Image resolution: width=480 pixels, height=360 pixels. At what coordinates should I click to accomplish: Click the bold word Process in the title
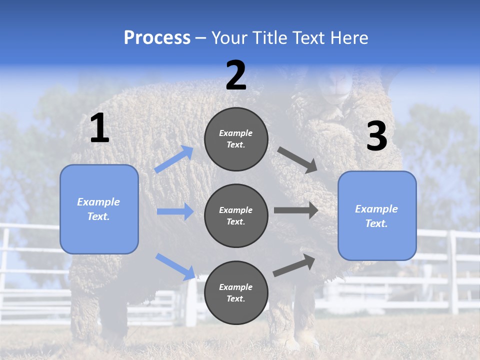(x=157, y=38)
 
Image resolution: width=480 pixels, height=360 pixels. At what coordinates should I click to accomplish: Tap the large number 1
(x=99, y=128)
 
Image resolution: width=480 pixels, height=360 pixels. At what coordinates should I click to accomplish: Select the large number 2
(x=236, y=75)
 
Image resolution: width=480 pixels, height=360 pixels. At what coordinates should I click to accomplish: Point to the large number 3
(x=376, y=136)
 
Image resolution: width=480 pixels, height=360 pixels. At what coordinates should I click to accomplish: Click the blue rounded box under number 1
(x=99, y=209)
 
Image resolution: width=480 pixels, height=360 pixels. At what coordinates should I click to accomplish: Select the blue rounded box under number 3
(x=377, y=216)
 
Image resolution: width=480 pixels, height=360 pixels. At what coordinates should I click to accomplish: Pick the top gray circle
(x=236, y=139)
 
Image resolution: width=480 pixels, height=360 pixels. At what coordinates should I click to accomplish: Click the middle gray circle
(x=236, y=215)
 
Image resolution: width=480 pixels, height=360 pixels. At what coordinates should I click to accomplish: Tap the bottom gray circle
(x=236, y=292)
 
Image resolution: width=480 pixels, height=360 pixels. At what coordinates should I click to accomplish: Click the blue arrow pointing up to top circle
(x=174, y=159)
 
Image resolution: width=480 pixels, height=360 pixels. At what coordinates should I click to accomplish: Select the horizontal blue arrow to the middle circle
(x=175, y=211)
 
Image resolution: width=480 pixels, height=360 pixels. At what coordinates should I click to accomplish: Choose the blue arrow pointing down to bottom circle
(x=175, y=266)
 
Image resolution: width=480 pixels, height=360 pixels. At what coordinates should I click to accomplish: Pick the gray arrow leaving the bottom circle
(x=294, y=265)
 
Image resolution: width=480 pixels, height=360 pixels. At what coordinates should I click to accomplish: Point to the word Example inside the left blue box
(x=98, y=202)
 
